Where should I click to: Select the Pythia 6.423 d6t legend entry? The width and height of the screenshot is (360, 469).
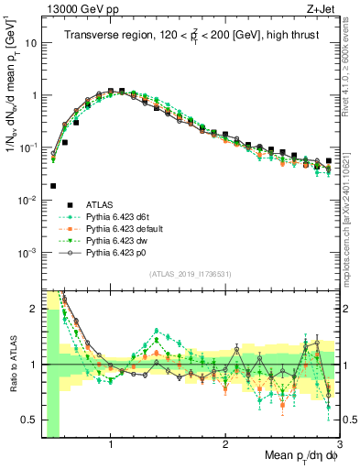119,216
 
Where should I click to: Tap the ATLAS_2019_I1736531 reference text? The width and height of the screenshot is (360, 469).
191,273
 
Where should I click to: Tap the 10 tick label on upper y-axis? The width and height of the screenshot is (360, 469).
32,42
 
